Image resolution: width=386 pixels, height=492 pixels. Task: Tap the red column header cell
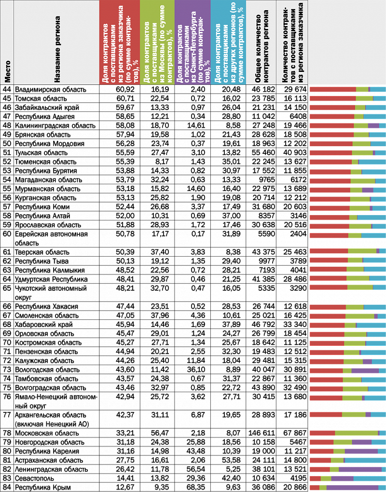click(120, 42)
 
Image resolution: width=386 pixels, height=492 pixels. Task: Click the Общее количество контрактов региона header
click(261, 48)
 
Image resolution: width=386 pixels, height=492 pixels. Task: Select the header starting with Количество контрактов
click(292, 42)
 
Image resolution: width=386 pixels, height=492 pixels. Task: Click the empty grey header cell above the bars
click(346, 42)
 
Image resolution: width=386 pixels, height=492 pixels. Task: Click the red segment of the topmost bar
click(332, 89)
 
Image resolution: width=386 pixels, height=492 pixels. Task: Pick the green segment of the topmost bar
click(362, 89)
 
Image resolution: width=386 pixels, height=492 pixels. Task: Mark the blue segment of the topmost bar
click(378, 89)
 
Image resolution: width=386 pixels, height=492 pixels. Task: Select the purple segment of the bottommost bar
click(352, 488)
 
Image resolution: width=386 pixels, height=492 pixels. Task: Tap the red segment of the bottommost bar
click(314, 488)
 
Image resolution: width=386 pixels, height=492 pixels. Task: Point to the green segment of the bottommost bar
click(323, 488)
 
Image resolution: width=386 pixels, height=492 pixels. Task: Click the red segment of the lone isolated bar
click(326, 414)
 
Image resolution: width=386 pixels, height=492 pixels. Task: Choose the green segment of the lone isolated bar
click(354, 414)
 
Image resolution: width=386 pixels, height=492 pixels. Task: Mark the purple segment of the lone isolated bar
click(368, 414)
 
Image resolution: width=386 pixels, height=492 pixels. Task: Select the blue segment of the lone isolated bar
click(378, 414)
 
